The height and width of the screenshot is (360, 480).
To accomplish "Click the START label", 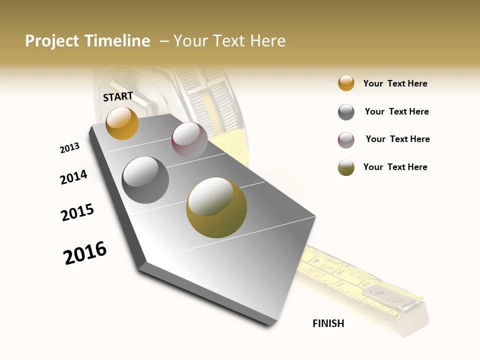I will [118, 96].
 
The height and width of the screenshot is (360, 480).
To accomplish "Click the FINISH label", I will [328, 323].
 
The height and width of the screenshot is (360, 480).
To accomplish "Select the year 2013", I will [69, 148].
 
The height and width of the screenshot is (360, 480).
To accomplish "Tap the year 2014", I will [73, 177].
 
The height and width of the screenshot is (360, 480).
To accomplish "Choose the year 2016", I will [85, 253].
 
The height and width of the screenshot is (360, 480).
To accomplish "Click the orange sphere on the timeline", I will [122, 123].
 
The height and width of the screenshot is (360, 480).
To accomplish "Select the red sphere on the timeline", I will [189, 140].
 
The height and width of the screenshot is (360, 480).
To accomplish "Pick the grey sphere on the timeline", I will [145, 180].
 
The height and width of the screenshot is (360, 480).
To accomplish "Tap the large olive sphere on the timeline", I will [216, 207].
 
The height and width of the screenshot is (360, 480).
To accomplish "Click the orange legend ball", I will [346, 83].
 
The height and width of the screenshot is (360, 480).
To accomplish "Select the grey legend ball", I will [346, 112].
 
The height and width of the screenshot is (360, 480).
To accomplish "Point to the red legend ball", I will [346, 140].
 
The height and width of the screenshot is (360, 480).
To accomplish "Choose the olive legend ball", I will [346, 167].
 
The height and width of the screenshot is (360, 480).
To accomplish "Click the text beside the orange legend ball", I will [395, 83].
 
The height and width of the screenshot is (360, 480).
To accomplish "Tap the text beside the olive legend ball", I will [395, 167].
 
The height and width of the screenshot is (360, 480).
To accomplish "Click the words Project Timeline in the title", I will [87, 41].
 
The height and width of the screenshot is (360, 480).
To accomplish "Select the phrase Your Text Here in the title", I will [229, 41].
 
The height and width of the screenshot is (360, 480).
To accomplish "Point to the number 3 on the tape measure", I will [340, 272].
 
